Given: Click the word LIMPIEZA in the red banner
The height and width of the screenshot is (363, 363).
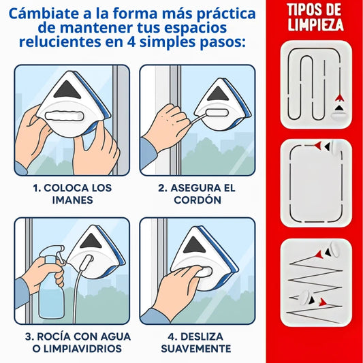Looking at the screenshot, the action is pyautogui.click(x=315, y=25).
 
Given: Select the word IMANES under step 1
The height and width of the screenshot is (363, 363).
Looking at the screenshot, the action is pyautogui.click(x=72, y=200).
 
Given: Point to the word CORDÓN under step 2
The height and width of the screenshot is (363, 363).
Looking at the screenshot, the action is pyautogui.click(x=198, y=200).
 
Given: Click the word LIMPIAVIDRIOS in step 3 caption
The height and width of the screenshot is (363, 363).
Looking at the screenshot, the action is pyautogui.click(x=82, y=349).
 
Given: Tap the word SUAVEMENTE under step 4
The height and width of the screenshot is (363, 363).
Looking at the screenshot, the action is pyautogui.click(x=196, y=349).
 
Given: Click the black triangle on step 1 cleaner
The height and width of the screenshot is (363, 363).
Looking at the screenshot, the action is pyautogui.click(x=67, y=90).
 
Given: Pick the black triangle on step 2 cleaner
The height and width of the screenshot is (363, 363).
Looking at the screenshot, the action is pyautogui.click(x=218, y=93).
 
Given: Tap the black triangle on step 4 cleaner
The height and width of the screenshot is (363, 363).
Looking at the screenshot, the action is pyautogui.click(x=194, y=245).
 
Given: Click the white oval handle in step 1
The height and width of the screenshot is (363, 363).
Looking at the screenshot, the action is pyautogui.click(x=64, y=116).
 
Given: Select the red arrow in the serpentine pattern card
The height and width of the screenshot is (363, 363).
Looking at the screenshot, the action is pyautogui.click(x=339, y=98).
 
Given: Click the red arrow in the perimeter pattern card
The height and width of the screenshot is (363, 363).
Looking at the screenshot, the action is pyautogui.click(x=318, y=146).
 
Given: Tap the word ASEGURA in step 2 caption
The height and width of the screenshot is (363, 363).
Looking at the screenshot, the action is pyautogui.click(x=192, y=188).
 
